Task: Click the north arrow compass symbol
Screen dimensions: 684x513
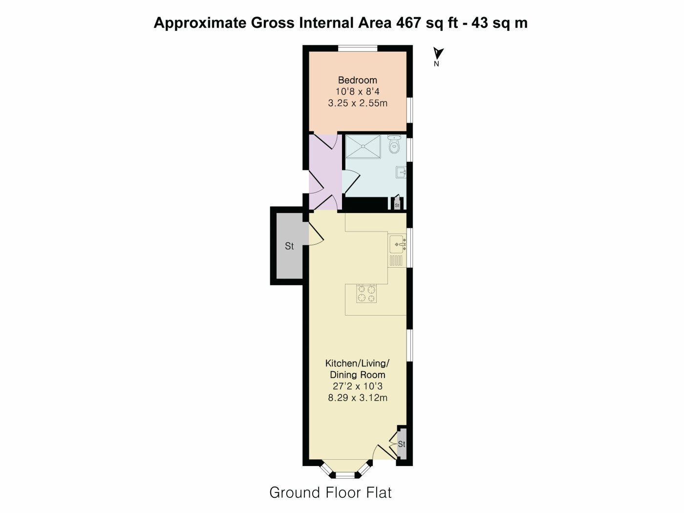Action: click(438, 53)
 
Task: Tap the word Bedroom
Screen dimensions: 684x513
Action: click(358, 80)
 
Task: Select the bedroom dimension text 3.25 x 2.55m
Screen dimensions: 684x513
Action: click(358, 103)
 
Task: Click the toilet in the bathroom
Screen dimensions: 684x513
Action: click(394, 145)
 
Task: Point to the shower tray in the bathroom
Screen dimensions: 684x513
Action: click(363, 147)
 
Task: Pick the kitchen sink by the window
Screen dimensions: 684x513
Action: click(397, 244)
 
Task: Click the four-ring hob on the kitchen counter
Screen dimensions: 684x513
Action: click(366, 294)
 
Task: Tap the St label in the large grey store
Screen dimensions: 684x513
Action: click(289, 246)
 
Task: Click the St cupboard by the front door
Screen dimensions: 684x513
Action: click(402, 444)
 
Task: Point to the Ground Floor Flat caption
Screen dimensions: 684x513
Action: click(330, 493)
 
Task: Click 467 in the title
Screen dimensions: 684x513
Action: click(408, 23)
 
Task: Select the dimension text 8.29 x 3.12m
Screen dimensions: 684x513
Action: click(358, 398)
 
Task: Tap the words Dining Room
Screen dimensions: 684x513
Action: click(358, 375)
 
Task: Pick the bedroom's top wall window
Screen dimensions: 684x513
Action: click(358, 48)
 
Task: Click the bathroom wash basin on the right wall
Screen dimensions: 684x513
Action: click(401, 172)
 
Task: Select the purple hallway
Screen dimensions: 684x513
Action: click(325, 172)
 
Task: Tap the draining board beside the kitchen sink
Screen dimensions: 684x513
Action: click(396, 260)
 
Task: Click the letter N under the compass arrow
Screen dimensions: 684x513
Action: click(436, 64)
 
